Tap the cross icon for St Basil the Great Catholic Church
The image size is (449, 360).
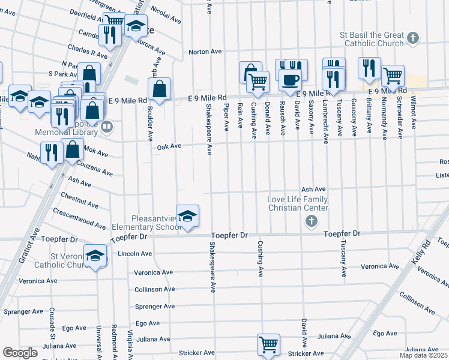(412, 38)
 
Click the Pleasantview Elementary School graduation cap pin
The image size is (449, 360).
(187, 217)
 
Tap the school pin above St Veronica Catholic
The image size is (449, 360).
(95, 256)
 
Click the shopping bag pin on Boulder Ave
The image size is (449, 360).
(160, 89)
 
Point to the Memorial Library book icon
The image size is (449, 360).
(107, 126)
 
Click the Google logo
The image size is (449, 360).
(20, 353)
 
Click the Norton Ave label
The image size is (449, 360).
(202, 52)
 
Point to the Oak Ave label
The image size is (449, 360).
(169, 146)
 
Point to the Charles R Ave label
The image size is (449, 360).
(88, 51)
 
